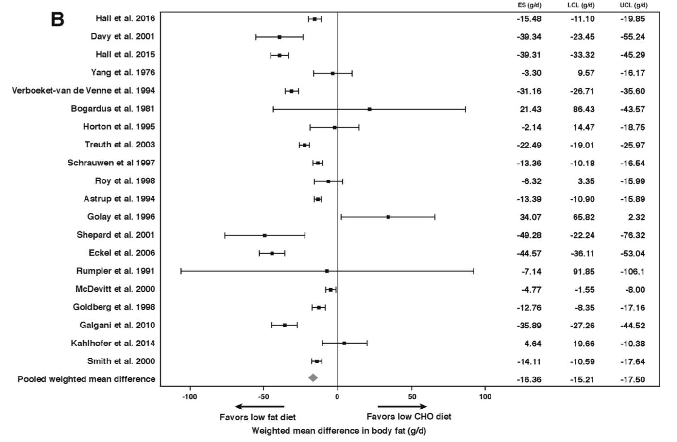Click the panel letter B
pos(58,19)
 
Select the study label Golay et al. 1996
pos(124,217)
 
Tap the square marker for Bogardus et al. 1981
pos(370,109)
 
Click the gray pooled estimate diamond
pos(313,377)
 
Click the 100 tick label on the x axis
pos(485,396)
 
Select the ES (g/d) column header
pos(529,5)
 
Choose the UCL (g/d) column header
pos(633,5)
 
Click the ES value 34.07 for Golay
pos(530,217)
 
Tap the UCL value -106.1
pos(632,272)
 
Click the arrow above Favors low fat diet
pos(259,407)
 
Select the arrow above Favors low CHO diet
pos(403,407)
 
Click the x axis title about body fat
pos(338,430)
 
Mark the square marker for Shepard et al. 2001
pos(265,235)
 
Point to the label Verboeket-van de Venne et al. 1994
pos(84,91)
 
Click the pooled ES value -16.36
pos(529,379)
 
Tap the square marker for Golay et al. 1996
pos(388,217)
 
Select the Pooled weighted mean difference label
pos(86,379)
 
